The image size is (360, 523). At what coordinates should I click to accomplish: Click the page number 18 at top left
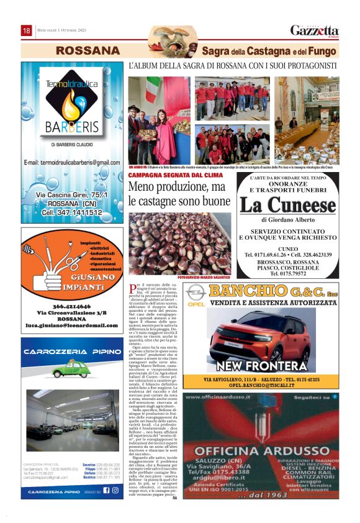[x=27, y=30]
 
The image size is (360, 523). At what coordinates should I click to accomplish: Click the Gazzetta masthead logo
[x=315, y=30]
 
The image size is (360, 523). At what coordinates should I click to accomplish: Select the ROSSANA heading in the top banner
[x=80, y=50]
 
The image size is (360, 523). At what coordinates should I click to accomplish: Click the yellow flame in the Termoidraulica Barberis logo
[x=73, y=103]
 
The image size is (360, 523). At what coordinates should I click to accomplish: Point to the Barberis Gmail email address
[x=71, y=162]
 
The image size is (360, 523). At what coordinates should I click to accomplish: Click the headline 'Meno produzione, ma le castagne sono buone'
[x=179, y=194]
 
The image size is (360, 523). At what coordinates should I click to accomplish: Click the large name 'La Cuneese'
[x=288, y=205]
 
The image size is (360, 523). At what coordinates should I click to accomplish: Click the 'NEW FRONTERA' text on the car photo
[x=253, y=366]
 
